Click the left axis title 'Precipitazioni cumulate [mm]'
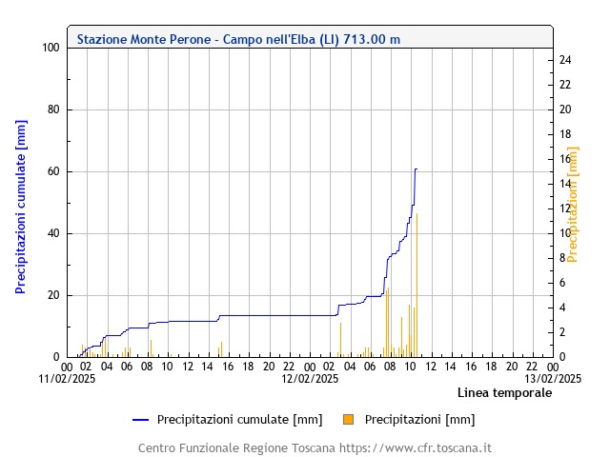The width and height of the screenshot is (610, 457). point(21,207)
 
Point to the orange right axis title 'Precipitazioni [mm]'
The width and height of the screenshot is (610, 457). point(573,204)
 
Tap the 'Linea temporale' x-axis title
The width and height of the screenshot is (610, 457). point(504,392)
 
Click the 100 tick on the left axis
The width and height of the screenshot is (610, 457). point(51,48)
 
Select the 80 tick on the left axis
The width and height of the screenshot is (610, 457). point(53,109)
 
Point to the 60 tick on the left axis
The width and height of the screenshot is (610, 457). point(53,171)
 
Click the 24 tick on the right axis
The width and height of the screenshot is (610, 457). point(564,60)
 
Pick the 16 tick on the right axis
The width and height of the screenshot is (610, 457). point(564,159)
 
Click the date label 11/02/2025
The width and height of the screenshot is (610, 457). point(68,378)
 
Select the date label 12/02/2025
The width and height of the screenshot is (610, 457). point(310,378)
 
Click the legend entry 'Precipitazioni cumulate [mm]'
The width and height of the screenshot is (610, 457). point(239,419)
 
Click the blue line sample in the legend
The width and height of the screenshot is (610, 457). point(142,419)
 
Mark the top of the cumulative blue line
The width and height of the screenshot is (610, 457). point(416,169)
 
